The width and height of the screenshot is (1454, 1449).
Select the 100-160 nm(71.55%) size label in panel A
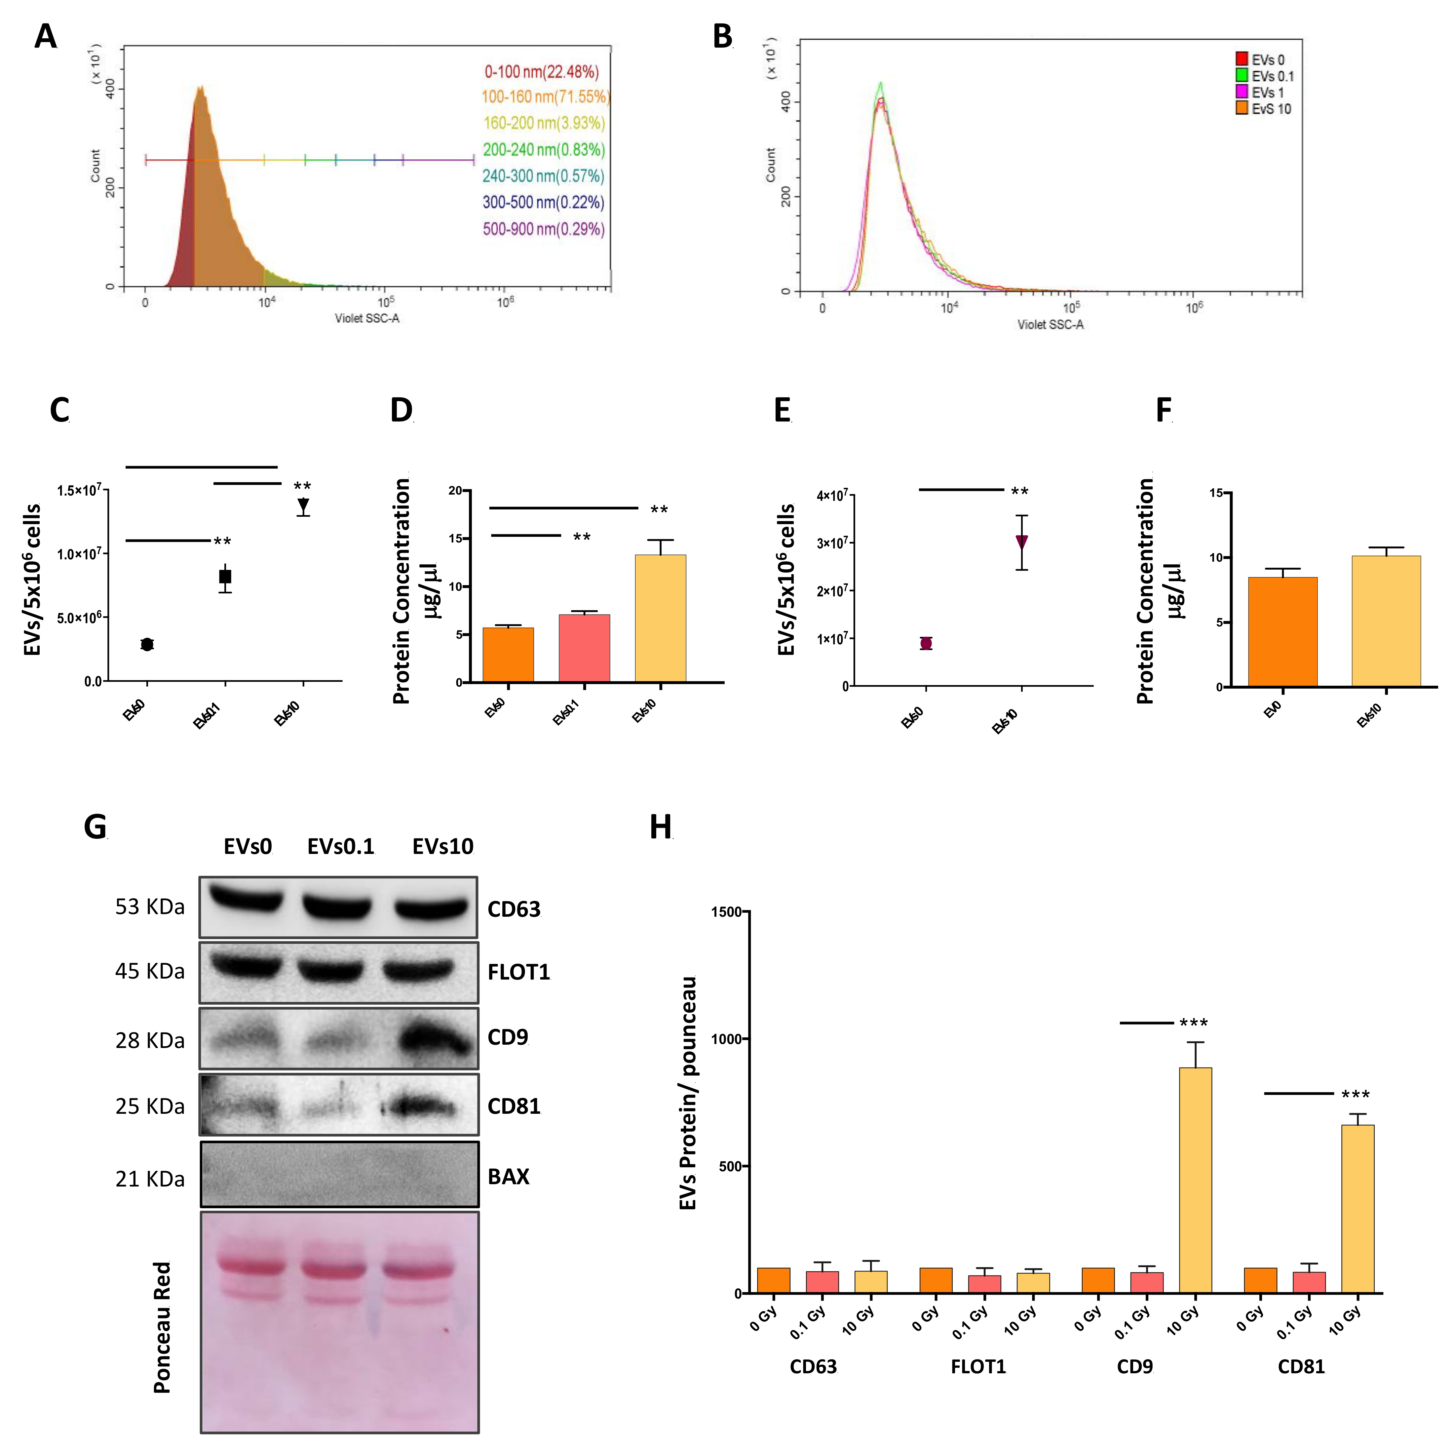click(x=545, y=97)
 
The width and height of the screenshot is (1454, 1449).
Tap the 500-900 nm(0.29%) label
click(x=543, y=229)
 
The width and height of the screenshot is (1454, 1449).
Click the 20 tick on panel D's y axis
click(x=455, y=491)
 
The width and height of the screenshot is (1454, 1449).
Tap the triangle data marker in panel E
click(x=1021, y=542)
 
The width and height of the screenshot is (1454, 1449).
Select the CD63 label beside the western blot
click(x=514, y=909)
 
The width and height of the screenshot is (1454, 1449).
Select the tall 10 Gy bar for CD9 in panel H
click(x=1195, y=1180)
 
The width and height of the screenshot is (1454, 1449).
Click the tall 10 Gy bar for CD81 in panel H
click(x=1358, y=1209)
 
